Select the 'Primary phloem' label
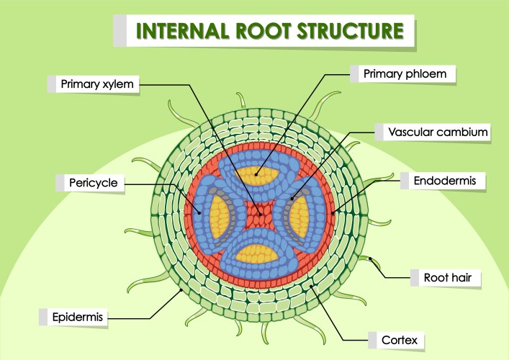[x=405, y=73]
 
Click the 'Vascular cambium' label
[x=438, y=132]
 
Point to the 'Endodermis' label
[x=444, y=181]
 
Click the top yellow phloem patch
[x=256, y=175]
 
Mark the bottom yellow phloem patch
[x=257, y=253]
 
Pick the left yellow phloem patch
[x=218, y=214]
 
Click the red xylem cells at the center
[x=257, y=215]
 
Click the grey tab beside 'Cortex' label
[x=372, y=339]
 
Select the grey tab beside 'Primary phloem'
[x=354, y=73]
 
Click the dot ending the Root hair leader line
[x=370, y=257]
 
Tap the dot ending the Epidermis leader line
[x=180, y=290]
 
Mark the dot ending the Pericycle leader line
[x=200, y=212]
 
